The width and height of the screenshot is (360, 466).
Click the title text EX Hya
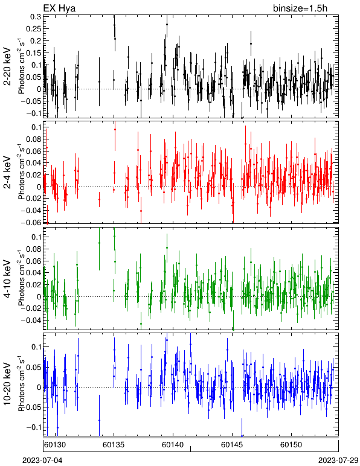point(59,8)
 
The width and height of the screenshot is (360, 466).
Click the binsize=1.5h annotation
point(300,8)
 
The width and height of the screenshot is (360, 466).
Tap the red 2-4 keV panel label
point(7,173)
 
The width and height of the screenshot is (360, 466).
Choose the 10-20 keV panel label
point(7,384)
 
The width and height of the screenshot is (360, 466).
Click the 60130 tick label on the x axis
point(55,445)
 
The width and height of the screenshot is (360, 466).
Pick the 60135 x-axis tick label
point(114,445)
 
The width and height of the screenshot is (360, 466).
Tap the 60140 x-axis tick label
point(172,445)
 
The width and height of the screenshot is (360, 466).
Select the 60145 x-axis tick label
point(231,445)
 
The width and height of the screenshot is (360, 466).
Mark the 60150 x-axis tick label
point(291,445)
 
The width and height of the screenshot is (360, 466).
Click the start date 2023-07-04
point(42,461)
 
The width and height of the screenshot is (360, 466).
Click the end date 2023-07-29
point(338,461)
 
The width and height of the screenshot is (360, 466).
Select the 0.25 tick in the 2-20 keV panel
point(33,28)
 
